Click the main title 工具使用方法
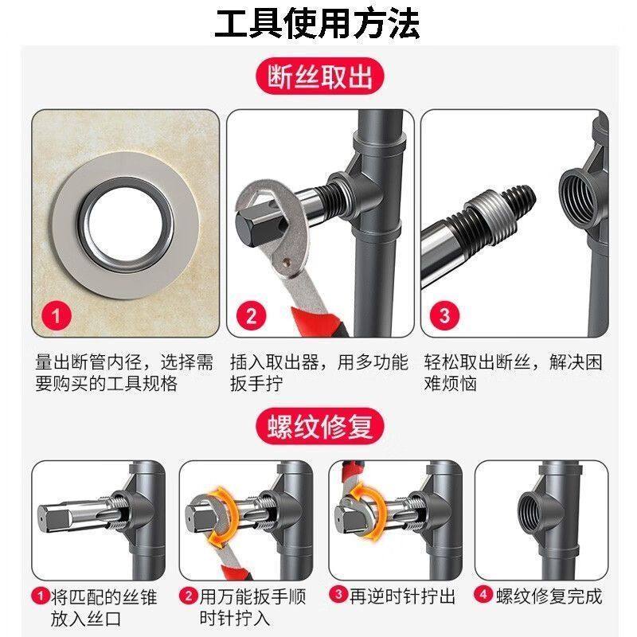point(318,23)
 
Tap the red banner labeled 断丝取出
point(318,78)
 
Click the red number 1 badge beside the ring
point(57,316)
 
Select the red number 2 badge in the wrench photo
point(252,316)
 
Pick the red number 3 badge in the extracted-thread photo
point(444,316)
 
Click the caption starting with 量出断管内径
point(124,373)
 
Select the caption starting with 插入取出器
point(318,373)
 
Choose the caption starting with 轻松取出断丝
point(513,373)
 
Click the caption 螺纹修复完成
point(548,596)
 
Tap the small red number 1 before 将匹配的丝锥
point(38,596)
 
